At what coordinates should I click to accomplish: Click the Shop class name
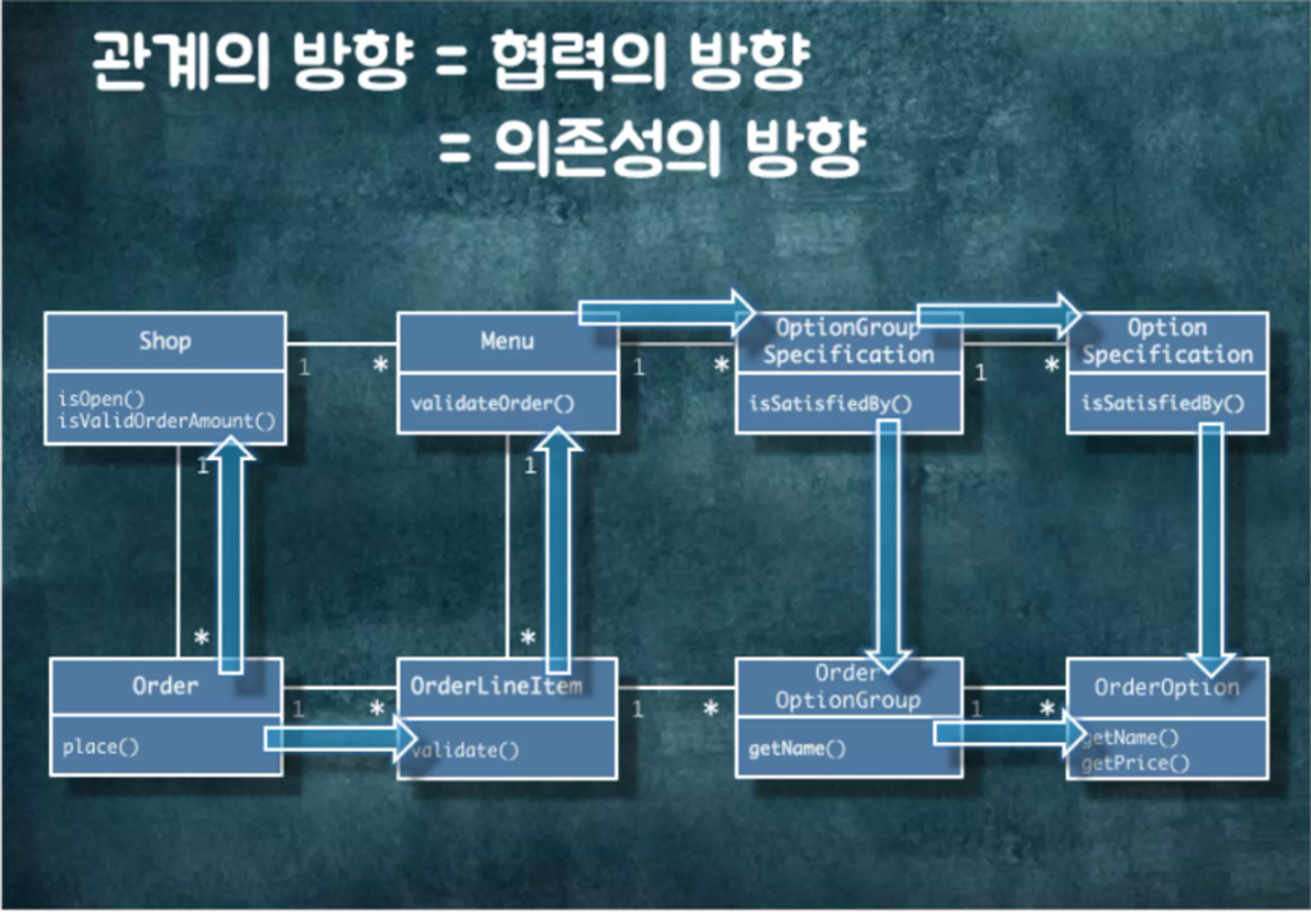(165, 342)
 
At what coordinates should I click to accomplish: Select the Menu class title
(507, 342)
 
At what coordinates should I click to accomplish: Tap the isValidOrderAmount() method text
(166, 421)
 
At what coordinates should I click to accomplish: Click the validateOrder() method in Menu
(492, 403)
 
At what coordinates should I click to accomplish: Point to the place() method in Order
(101, 747)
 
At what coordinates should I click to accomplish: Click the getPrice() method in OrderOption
(1135, 763)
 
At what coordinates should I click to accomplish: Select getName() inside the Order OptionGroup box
(797, 749)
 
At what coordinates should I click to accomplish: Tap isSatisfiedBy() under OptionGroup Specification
(830, 403)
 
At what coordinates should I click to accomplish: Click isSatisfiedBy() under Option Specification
(1162, 403)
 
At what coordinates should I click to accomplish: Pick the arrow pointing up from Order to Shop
(231, 557)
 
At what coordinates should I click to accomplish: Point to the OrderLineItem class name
(496, 686)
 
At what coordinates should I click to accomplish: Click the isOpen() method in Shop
(101, 399)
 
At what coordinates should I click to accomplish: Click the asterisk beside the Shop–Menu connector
(380, 365)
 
